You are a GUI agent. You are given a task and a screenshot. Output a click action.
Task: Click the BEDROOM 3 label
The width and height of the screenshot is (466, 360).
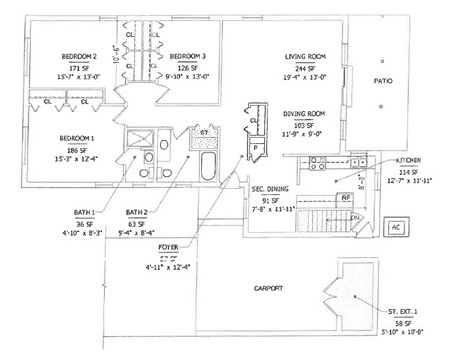click(187, 56)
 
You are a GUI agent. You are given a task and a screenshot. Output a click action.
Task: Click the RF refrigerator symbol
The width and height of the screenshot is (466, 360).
click(346, 199)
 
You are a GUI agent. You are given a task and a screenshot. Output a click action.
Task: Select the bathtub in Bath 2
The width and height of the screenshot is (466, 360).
click(210, 165)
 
